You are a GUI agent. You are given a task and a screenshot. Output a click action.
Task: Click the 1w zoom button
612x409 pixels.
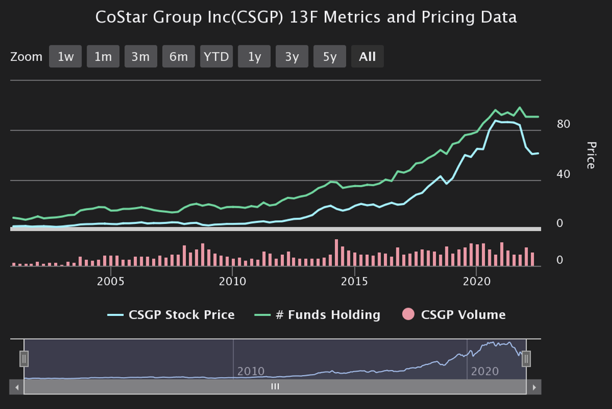coord(65,57)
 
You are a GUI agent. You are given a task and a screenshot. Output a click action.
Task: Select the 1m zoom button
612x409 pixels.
coord(103,57)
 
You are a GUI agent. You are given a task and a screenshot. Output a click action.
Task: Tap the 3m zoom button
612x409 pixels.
coord(141,57)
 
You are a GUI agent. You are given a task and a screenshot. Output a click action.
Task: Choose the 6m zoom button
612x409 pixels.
coord(178,57)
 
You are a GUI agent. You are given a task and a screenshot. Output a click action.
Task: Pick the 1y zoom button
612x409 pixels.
coord(254,57)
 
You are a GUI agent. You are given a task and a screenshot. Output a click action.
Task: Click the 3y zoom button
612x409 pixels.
coord(292,57)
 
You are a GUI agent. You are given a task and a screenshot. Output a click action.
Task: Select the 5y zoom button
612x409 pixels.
coord(329,57)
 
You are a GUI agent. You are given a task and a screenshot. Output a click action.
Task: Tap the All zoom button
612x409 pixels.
coord(367,57)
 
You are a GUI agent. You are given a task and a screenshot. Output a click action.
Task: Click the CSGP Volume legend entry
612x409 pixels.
coord(454,315)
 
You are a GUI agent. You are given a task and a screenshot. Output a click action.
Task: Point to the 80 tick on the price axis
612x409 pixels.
coord(563,124)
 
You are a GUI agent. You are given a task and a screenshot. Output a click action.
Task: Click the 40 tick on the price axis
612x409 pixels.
coord(563,174)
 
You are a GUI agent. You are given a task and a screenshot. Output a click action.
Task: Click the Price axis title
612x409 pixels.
coord(591,155)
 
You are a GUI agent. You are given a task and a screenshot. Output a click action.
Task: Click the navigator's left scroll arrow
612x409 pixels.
coord(17,387)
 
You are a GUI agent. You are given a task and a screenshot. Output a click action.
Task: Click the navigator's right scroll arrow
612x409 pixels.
coord(534,387)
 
